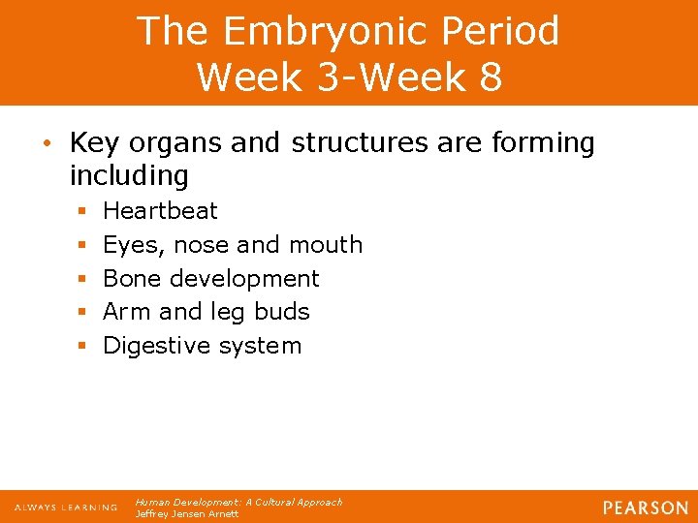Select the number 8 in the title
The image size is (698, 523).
[x=490, y=77]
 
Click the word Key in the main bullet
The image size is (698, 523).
[x=93, y=143]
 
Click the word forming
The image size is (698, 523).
[x=544, y=143]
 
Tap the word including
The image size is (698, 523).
[x=129, y=176]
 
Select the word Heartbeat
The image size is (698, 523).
[x=160, y=210]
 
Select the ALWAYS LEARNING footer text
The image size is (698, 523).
[x=66, y=508]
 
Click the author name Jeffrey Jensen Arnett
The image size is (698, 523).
[x=186, y=513]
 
